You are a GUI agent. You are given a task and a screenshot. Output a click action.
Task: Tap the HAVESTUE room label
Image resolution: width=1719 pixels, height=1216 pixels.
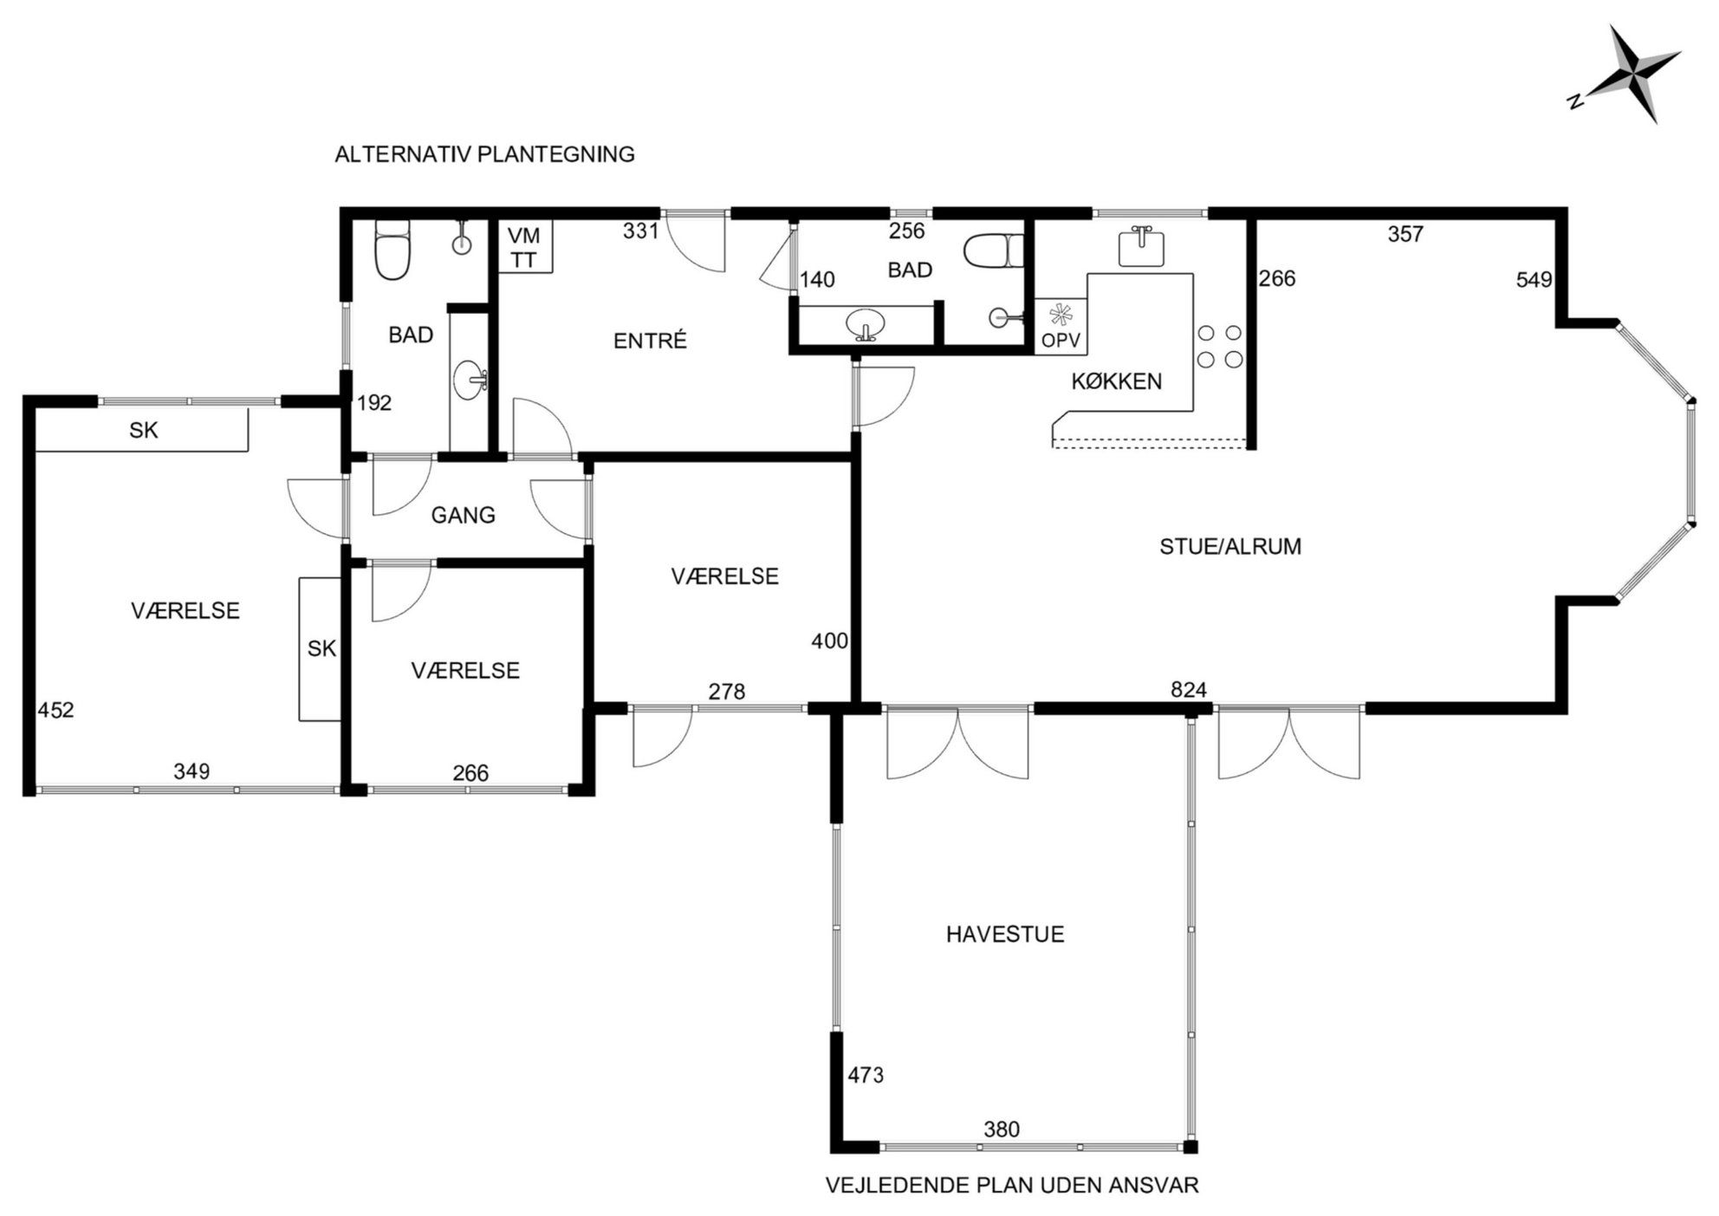(x=1005, y=934)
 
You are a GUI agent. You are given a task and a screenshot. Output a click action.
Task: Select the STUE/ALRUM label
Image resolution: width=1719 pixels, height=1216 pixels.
(x=1230, y=546)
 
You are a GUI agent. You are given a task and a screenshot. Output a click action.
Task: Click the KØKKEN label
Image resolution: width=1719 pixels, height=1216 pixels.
(x=1116, y=381)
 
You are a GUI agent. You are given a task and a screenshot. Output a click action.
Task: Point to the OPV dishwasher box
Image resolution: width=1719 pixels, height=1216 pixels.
(x=1061, y=326)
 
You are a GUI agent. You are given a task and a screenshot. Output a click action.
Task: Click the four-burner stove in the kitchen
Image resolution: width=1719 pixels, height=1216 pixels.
(x=1220, y=346)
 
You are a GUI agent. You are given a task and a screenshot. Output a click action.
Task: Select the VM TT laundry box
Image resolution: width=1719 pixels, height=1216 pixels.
(x=525, y=247)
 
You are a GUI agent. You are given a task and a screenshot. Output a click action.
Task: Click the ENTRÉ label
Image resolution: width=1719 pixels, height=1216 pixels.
(x=650, y=341)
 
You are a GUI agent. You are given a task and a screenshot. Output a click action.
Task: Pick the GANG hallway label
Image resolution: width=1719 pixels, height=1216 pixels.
(x=464, y=516)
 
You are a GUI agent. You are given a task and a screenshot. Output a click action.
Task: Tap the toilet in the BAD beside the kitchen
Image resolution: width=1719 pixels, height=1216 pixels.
(x=994, y=251)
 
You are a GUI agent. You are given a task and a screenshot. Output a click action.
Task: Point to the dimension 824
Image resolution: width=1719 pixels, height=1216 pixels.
(x=1188, y=690)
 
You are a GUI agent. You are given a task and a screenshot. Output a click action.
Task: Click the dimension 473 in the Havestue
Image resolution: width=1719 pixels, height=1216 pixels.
(x=866, y=1076)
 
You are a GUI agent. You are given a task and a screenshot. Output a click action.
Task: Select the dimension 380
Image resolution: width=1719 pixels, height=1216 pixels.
(x=1002, y=1129)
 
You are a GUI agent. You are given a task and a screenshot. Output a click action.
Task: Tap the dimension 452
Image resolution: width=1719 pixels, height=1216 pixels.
(x=56, y=711)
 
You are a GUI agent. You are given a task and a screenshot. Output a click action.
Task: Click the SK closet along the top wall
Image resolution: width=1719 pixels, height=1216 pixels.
(x=143, y=430)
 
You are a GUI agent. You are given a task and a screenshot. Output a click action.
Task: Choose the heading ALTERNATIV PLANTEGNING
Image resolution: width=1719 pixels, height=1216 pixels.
(x=485, y=154)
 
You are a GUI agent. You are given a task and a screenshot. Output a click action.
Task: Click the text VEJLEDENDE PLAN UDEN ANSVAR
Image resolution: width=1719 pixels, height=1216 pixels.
(x=1012, y=1185)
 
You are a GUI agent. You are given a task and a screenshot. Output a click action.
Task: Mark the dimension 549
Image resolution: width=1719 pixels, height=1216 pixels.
(x=1534, y=280)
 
